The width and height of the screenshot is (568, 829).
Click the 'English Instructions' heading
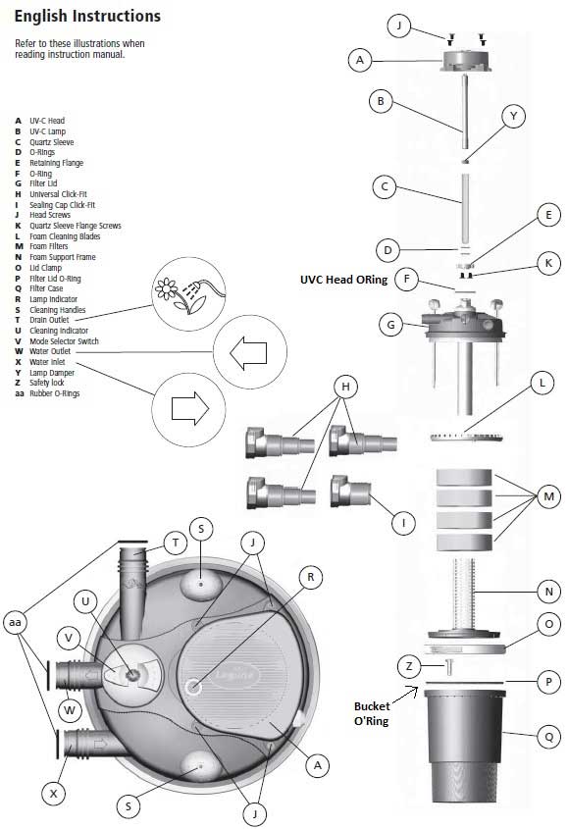click(x=87, y=17)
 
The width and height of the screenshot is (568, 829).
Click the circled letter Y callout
click(x=513, y=116)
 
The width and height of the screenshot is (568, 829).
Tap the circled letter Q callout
click(x=548, y=737)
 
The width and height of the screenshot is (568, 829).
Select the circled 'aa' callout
click(x=15, y=622)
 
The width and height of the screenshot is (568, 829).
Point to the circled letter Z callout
click(x=409, y=666)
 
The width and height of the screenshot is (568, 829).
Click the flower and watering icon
click(x=188, y=294)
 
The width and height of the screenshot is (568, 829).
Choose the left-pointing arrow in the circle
click(x=248, y=352)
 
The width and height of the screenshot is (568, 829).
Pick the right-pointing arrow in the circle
click(x=190, y=408)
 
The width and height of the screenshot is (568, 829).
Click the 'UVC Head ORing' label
click(x=343, y=280)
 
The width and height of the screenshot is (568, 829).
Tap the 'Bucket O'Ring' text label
click(x=371, y=714)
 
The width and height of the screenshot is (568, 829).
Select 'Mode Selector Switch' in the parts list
click(x=64, y=341)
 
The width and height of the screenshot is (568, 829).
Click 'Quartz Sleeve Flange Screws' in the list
click(x=76, y=226)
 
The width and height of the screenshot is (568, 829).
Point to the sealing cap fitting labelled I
click(x=350, y=492)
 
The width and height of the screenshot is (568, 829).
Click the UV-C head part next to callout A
click(x=466, y=60)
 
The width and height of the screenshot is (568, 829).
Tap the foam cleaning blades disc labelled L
click(x=466, y=438)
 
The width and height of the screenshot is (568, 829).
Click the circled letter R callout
click(x=310, y=577)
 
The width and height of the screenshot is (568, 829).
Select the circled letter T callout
click(x=175, y=543)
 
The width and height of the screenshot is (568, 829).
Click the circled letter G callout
click(x=390, y=325)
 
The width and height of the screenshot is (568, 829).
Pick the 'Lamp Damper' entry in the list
click(x=52, y=373)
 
